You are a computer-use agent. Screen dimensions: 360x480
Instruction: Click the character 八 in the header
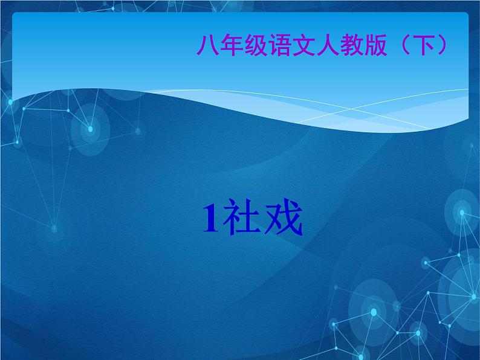(207, 45)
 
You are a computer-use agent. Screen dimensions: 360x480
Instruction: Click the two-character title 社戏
(261, 219)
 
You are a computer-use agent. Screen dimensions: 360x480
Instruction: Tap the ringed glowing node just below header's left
(90, 129)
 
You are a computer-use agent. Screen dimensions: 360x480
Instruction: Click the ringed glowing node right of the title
(462, 213)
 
